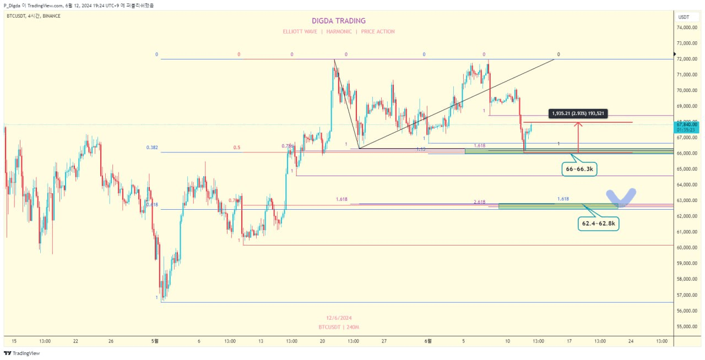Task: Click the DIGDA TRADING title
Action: [339, 21]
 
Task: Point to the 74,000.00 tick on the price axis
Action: [687, 27]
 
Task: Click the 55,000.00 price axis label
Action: [687, 327]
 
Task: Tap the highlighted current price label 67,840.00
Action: [687, 124]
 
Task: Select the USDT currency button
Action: [684, 17]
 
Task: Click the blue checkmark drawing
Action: [621, 197]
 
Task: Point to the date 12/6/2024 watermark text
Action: [339, 318]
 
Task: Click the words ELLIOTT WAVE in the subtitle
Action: [300, 32]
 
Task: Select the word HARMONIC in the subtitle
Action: [339, 32]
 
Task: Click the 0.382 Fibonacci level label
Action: [152, 148]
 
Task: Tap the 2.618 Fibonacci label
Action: [479, 202]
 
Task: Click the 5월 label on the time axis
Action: [155, 341]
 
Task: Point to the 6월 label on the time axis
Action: [428, 341]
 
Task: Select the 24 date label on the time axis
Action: [631, 341]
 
